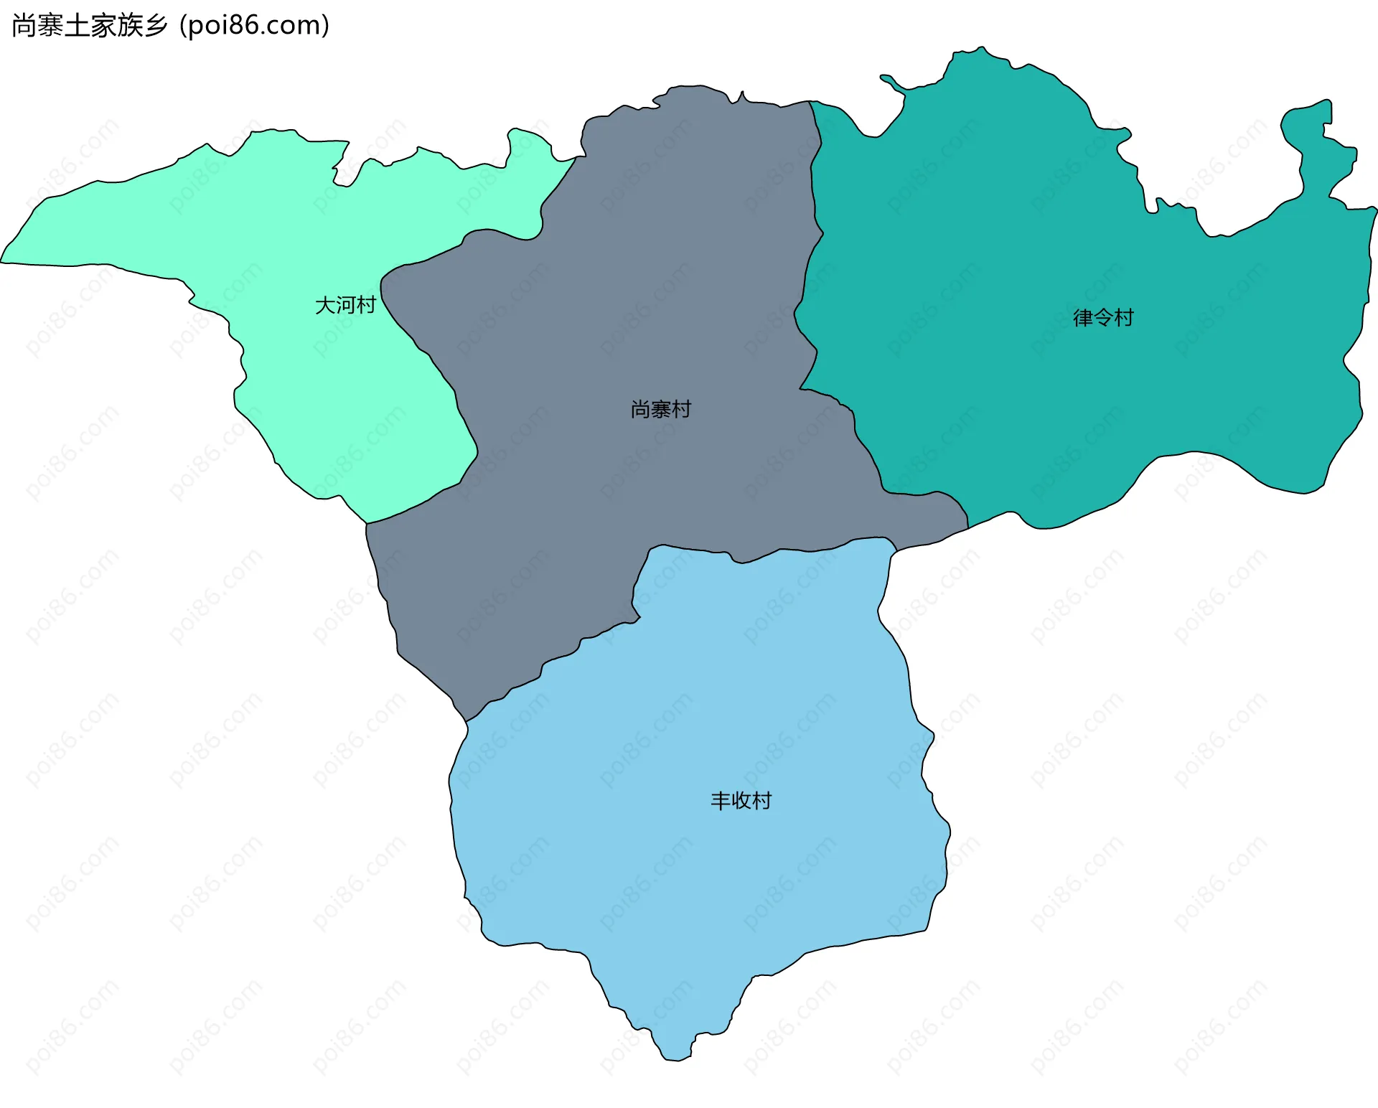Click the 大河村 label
tap(345, 306)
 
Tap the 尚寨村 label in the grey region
tap(660, 410)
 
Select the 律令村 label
tap(1103, 318)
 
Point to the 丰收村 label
tap(741, 801)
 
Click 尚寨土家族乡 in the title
tap(90, 26)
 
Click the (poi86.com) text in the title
tap(255, 26)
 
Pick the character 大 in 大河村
tap(325, 306)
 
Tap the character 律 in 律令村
tap(1083, 318)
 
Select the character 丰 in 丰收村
tap(721, 801)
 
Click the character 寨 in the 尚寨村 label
tap(660, 410)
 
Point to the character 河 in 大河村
tap(345, 306)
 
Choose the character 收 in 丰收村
tap(741, 801)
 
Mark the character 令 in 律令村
tap(1103, 318)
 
